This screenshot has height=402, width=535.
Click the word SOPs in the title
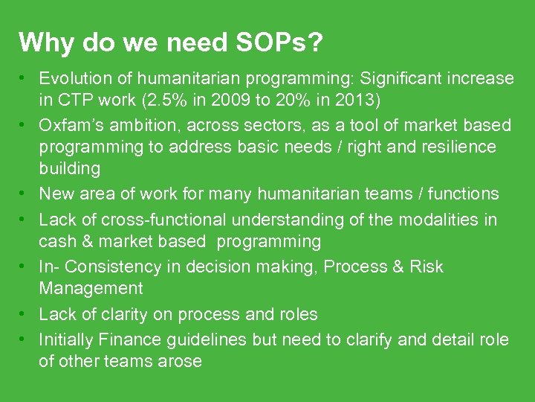point(280,42)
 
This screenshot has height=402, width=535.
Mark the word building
point(69,168)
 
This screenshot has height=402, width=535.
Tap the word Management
point(91,288)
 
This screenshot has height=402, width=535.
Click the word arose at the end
point(181,361)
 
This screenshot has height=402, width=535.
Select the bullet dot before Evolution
point(25,78)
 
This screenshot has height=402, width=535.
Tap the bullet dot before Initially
point(25,339)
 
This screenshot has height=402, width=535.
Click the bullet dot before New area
point(25,194)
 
